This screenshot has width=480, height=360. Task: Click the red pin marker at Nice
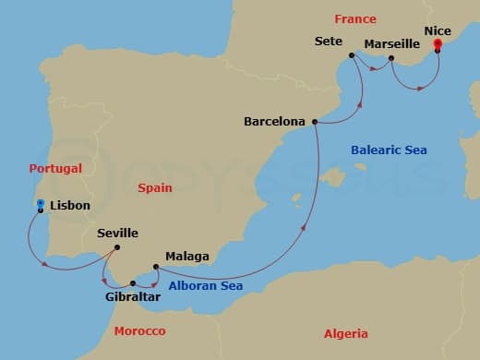[x=438, y=43]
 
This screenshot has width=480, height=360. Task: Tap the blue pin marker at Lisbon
[x=41, y=205]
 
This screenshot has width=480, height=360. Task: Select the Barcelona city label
[x=276, y=121]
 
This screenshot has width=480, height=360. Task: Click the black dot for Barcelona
[x=316, y=121]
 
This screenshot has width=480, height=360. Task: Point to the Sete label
[x=329, y=42]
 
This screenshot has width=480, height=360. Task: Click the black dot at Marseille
[x=392, y=59]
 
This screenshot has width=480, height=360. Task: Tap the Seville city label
[x=117, y=234]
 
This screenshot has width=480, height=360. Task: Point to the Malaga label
[x=187, y=256]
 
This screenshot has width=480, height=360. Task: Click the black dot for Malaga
[x=156, y=268]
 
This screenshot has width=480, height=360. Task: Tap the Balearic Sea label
[x=389, y=150]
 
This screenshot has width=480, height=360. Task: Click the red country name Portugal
[x=55, y=169]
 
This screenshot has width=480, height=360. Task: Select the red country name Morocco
[x=139, y=330]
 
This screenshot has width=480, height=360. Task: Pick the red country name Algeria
[x=345, y=333]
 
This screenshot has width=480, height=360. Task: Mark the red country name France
[x=355, y=18]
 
